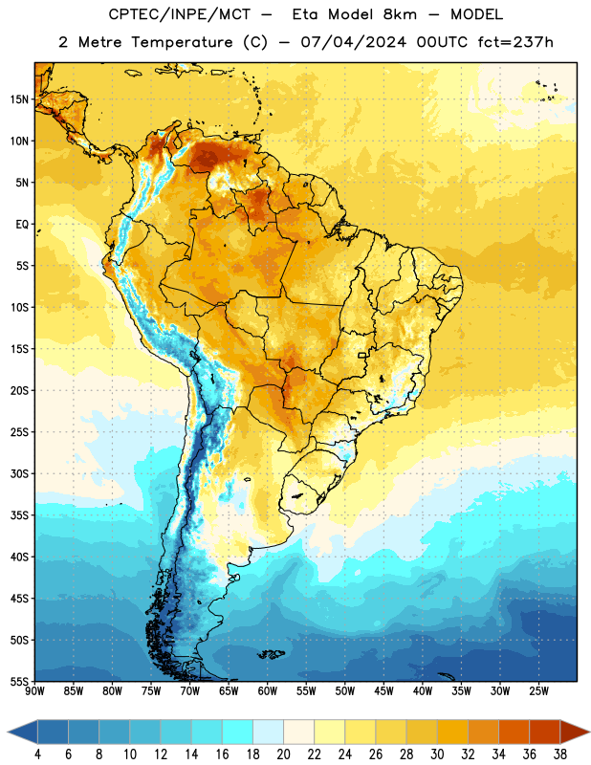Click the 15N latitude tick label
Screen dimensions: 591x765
pyautogui.click(x=19, y=99)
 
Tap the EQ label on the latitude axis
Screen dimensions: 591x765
pyautogui.click(x=22, y=225)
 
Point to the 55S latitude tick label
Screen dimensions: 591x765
pyautogui.click(x=19, y=681)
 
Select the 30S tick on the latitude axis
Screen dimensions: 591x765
pyautogui.click(x=19, y=473)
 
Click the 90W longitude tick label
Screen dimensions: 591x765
pyautogui.click(x=34, y=691)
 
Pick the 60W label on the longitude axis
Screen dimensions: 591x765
pyautogui.click(x=268, y=691)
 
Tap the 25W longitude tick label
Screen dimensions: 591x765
pyautogui.click(x=538, y=691)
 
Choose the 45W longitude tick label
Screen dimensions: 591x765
pyautogui.click(x=383, y=691)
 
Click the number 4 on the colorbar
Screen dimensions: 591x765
pyautogui.click(x=37, y=754)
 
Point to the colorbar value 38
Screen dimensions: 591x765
pyautogui.click(x=560, y=754)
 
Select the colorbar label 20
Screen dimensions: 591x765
pyautogui.click(x=283, y=754)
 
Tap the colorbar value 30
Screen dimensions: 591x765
pyautogui.click(x=437, y=754)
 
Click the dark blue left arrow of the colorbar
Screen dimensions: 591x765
pyautogui.click(x=23, y=732)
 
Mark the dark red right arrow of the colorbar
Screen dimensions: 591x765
pyautogui.click(x=575, y=732)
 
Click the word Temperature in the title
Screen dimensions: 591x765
pyautogui.click(x=182, y=42)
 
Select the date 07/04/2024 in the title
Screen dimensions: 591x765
pyautogui.click(x=353, y=42)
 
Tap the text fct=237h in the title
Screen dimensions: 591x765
pyautogui.click(x=515, y=42)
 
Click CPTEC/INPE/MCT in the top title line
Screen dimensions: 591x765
pyautogui.click(x=179, y=14)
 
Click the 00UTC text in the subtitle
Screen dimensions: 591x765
pyautogui.click(x=442, y=42)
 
